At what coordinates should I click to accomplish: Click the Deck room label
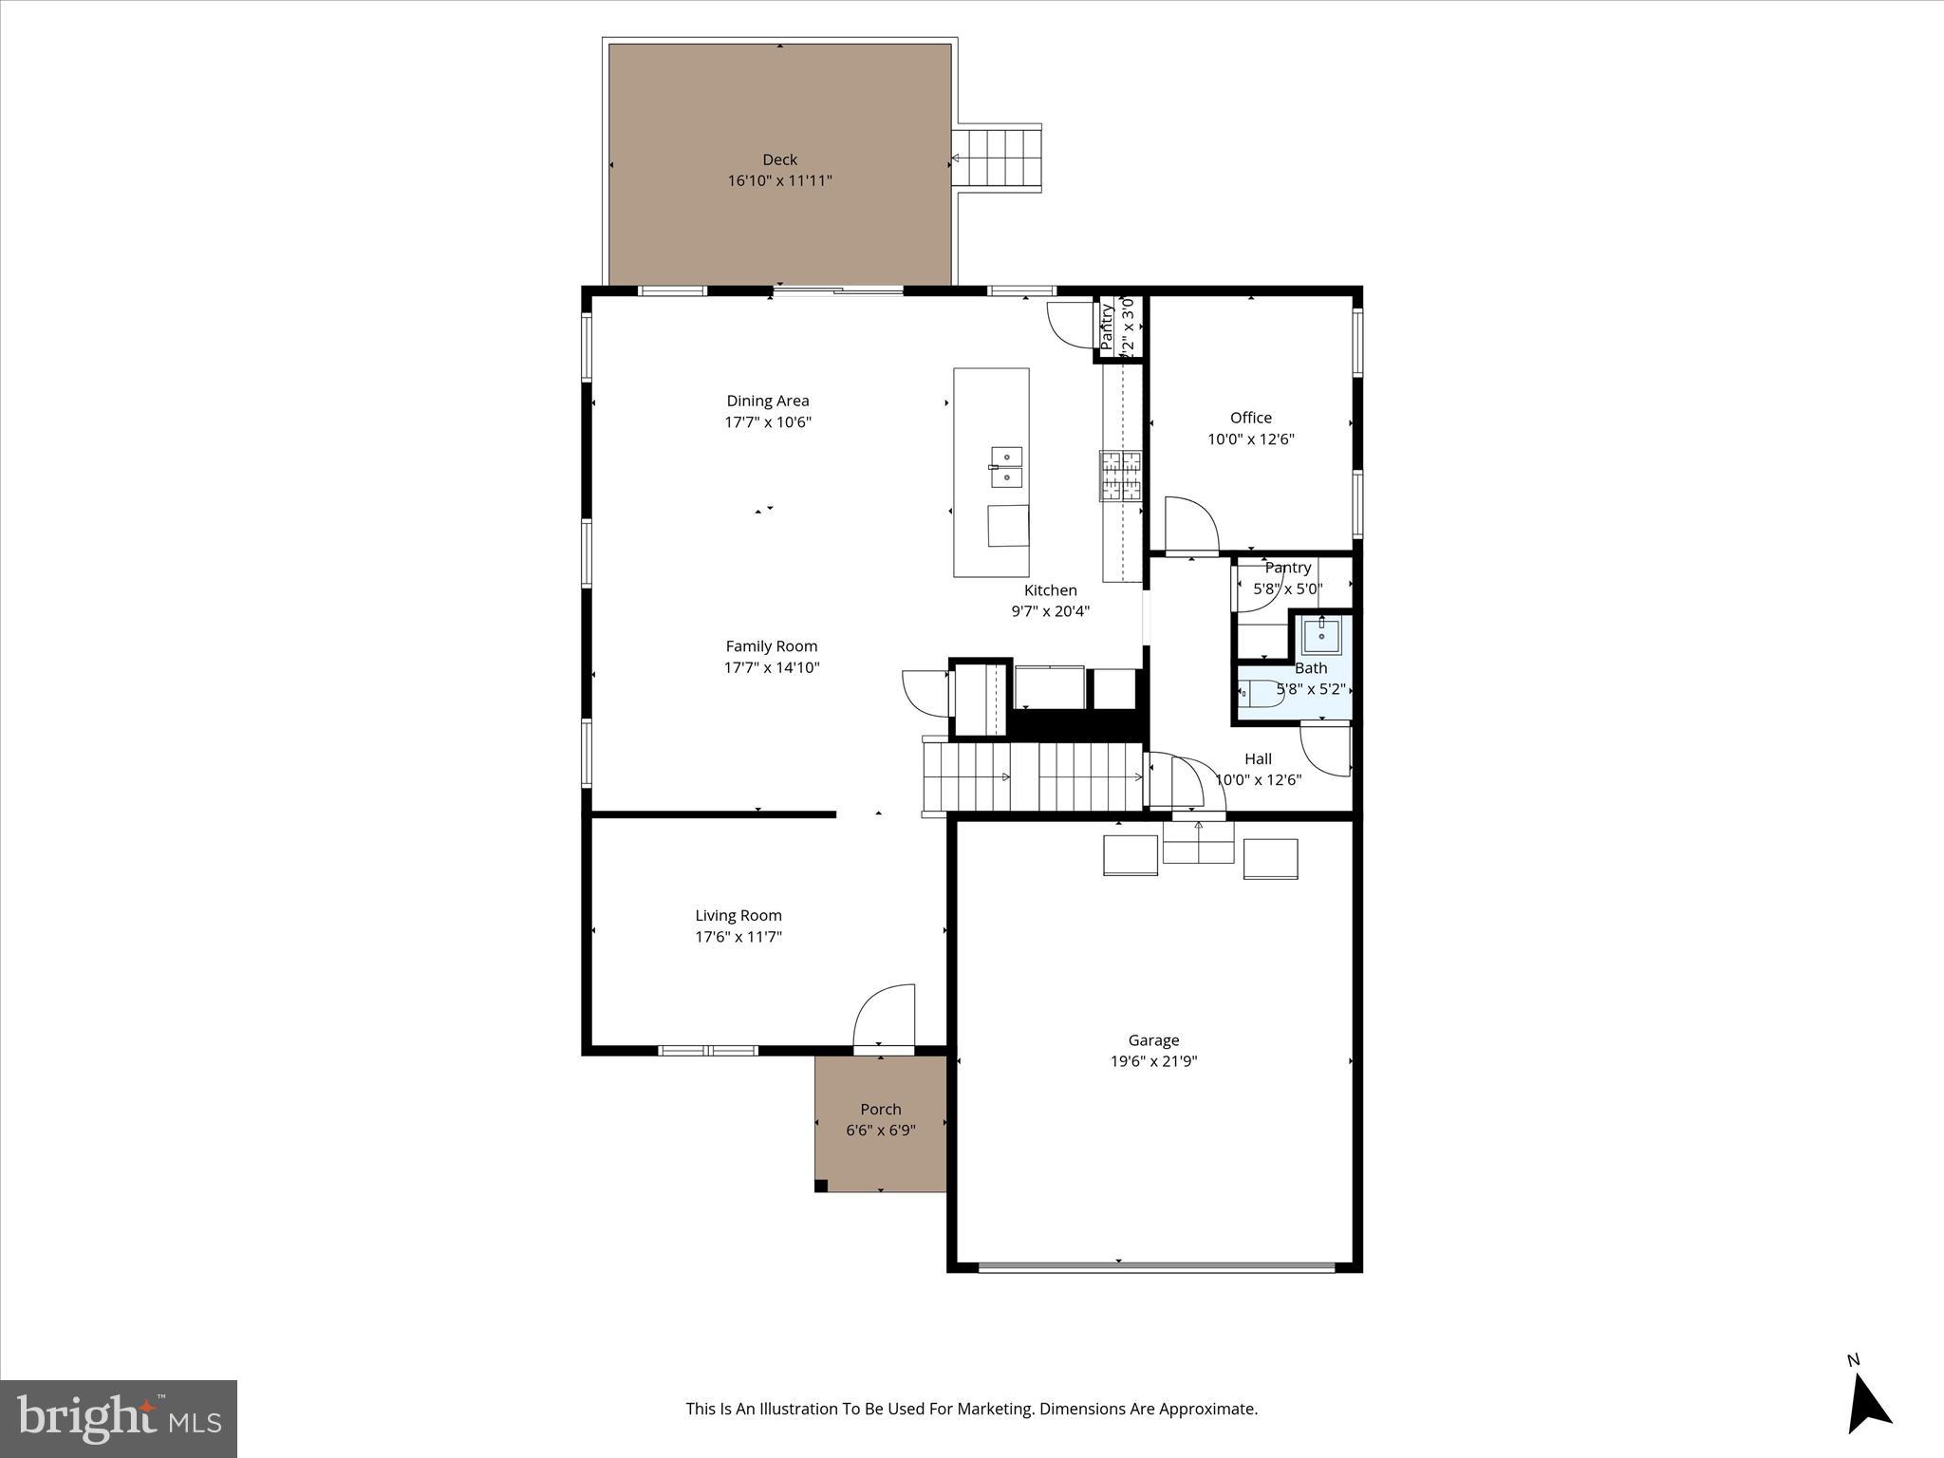779,159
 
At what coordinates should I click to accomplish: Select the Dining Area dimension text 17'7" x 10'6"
768,422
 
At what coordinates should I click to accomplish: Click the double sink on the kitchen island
1006,467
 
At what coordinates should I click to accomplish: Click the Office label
1250,418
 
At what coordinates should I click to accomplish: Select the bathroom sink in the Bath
1321,635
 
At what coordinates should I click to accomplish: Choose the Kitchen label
1050,590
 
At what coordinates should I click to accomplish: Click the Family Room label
771,646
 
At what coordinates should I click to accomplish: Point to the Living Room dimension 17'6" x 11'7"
738,937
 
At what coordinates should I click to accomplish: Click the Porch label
880,1109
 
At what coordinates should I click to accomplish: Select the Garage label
1153,1040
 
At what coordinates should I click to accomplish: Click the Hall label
1258,758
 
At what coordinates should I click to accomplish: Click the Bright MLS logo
119,1418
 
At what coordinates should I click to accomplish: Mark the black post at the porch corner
821,1185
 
